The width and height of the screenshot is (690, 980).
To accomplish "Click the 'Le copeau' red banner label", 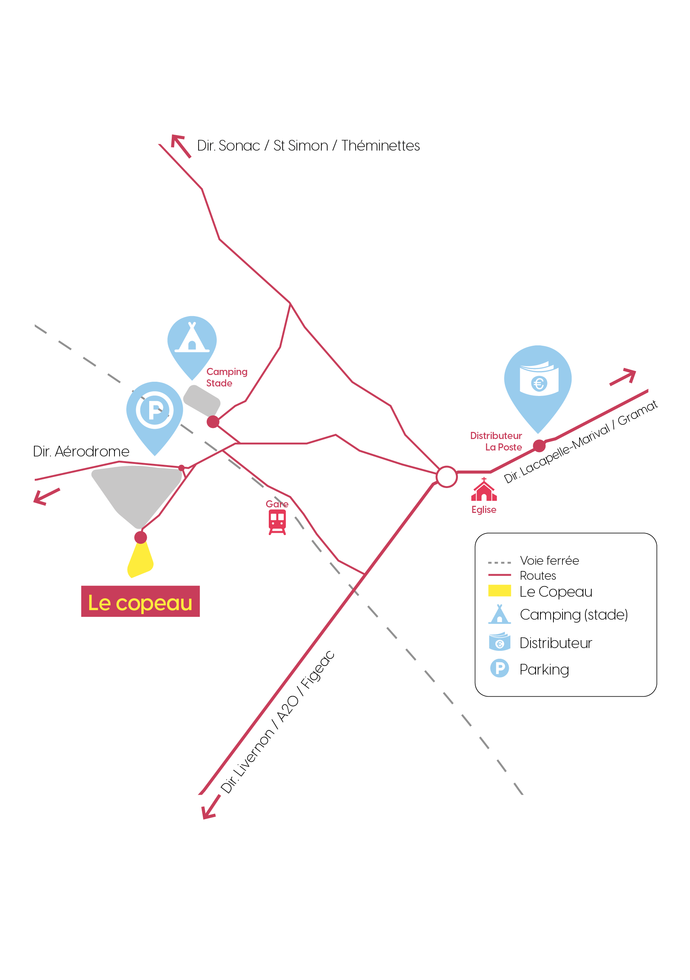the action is (140, 601).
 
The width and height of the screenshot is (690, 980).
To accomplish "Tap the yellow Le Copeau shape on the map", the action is (140, 560).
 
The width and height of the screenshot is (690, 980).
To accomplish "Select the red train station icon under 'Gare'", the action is (277, 522).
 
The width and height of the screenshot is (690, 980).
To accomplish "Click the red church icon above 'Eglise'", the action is (484, 489).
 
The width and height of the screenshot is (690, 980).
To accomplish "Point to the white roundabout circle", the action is (447, 477).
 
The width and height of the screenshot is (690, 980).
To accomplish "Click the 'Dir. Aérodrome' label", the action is (81, 451).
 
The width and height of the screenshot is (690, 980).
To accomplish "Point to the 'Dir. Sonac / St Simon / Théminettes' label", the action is (308, 145).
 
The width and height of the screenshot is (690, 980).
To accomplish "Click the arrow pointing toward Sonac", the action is (181, 146).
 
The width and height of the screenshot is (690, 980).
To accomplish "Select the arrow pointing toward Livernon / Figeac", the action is (211, 807).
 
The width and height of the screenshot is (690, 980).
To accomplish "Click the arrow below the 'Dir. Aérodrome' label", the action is (47, 497).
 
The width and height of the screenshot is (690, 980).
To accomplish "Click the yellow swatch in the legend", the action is (499, 590).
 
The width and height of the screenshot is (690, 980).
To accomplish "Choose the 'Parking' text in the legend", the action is (544, 670).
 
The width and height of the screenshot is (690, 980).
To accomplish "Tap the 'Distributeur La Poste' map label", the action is (496, 441).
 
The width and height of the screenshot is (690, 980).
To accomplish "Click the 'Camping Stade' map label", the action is (227, 377).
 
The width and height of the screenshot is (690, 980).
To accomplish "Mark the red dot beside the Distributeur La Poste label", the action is (540, 446).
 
